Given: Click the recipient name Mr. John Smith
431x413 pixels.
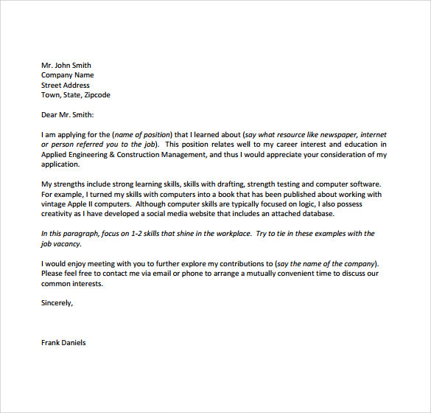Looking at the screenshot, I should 66,65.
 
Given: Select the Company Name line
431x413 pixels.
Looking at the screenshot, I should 67,75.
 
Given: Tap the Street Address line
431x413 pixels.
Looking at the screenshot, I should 66,85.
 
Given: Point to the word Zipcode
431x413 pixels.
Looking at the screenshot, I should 96,95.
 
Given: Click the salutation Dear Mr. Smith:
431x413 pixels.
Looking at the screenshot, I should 68,115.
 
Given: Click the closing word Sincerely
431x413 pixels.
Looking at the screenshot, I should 57,302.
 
